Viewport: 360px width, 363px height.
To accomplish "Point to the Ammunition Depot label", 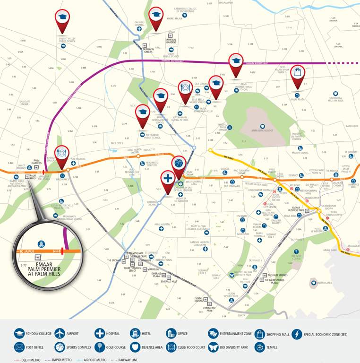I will (x=263, y=130).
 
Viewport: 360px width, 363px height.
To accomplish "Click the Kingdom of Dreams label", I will (x=261, y=190).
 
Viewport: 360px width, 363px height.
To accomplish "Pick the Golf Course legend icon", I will (x=100, y=347).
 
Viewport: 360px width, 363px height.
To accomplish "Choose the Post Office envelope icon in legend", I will (x=19, y=347).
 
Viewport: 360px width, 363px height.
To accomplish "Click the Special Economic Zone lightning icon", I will (x=297, y=334).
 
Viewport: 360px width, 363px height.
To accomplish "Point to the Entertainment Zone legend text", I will (x=235, y=334).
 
